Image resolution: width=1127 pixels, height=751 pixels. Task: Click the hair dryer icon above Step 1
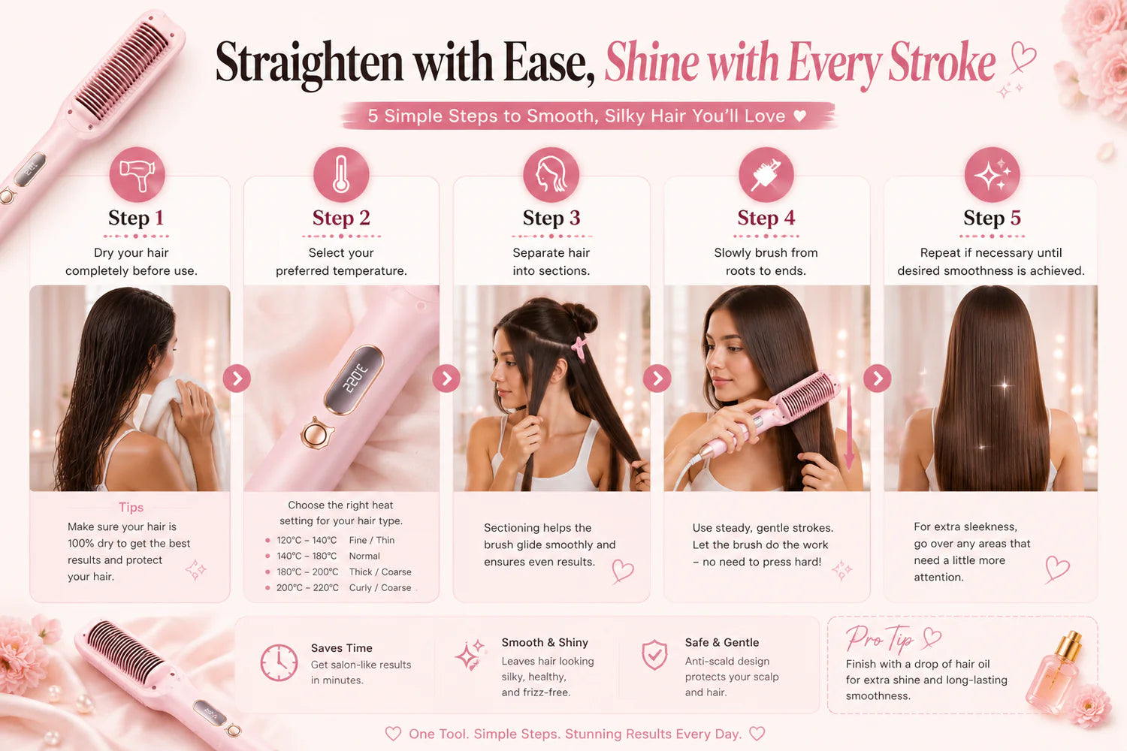pyautogui.click(x=137, y=174)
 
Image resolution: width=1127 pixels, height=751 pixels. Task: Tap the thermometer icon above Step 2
pyautogui.click(x=341, y=174)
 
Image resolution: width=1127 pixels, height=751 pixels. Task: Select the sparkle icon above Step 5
pyautogui.click(x=993, y=174)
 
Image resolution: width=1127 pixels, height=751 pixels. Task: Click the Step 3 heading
pyautogui.click(x=551, y=218)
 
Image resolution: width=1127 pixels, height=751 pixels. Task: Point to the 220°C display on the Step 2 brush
pyautogui.click(x=354, y=380)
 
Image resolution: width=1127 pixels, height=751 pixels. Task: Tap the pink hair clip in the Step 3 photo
pyautogui.click(x=579, y=348)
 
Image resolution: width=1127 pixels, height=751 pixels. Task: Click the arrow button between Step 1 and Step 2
pyautogui.click(x=237, y=379)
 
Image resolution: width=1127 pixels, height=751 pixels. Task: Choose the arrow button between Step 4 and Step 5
pyautogui.click(x=878, y=379)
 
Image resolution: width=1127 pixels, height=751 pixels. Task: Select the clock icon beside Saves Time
pyautogui.click(x=279, y=662)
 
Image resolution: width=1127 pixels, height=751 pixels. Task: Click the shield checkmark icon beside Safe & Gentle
pyautogui.click(x=654, y=654)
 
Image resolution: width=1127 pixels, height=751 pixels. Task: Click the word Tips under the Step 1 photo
pyautogui.click(x=131, y=507)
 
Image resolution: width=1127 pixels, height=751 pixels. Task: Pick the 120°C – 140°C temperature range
pyautogui.click(x=307, y=540)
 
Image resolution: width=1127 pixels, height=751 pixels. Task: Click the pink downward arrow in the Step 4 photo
pyautogui.click(x=849, y=427)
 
